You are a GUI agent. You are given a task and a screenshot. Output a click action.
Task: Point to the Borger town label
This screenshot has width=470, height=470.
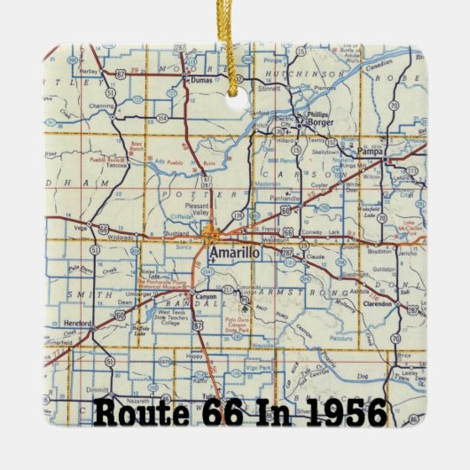pos(317,122)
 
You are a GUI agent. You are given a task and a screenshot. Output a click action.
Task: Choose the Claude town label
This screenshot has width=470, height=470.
pos(314,257)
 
